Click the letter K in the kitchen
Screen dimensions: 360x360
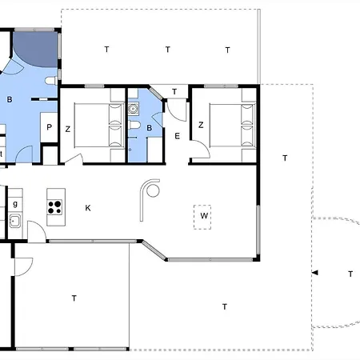click(88, 208)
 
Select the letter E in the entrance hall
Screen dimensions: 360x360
click(177, 136)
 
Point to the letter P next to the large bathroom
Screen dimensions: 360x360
click(49, 127)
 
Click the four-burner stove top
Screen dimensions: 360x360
click(54, 207)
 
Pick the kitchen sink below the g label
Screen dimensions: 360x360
click(15, 221)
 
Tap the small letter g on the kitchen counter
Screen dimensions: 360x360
click(15, 204)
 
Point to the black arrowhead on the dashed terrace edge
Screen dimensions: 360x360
click(315, 273)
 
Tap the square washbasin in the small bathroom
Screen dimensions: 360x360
click(133, 109)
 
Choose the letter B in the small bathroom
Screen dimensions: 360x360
click(150, 128)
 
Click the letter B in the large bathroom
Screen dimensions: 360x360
click(10, 100)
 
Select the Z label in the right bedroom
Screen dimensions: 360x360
click(201, 125)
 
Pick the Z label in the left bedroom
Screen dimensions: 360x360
click(68, 130)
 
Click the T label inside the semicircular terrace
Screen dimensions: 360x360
click(350, 274)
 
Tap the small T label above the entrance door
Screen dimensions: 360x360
click(174, 92)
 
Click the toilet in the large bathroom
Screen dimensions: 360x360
click(51, 81)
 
